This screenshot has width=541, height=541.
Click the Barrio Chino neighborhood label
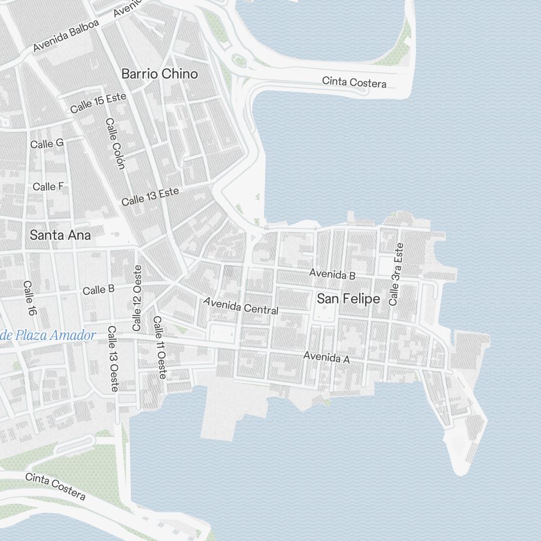pos(160,74)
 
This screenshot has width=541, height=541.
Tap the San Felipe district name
pos(348,299)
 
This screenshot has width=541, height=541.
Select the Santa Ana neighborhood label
pos(60,235)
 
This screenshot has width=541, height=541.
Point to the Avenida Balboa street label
pos(66,37)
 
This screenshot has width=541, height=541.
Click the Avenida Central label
pos(241,306)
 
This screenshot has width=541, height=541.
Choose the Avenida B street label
pos(332,274)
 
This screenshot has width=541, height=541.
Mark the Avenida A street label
pos(327,357)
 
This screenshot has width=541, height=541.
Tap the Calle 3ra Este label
pos(397,274)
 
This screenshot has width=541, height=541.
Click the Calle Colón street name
pos(115,143)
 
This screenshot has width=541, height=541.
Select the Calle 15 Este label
pos(98,103)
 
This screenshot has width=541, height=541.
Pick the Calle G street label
pos(47,143)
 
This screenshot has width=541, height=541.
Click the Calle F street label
pos(48,187)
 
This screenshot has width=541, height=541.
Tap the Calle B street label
pos(98,290)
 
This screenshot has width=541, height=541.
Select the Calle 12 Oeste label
pos(137,298)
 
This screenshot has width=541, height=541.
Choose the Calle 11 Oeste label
pos(160,347)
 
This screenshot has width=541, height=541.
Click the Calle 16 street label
pos(29,298)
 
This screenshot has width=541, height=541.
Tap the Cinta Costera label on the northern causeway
pos(354,82)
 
